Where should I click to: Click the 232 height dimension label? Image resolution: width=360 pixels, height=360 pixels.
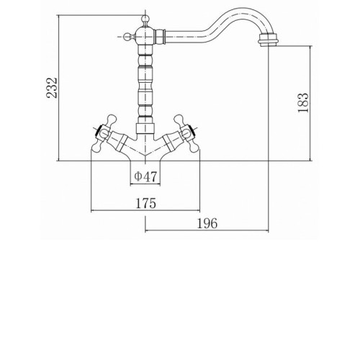[x=52, y=88]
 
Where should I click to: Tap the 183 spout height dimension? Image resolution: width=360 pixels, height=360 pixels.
[x=302, y=103]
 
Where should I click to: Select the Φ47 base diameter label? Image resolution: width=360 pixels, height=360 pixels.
[x=145, y=176]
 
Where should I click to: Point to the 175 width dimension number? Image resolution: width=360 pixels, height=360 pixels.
[x=145, y=203]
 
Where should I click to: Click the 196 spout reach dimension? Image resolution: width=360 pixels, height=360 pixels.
[x=207, y=223]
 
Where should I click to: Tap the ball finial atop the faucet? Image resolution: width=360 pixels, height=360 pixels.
[x=145, y=19]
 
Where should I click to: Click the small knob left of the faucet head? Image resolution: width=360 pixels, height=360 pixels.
[x=126, y=37]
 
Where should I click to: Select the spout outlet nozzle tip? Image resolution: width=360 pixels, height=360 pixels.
[x=268, y=40]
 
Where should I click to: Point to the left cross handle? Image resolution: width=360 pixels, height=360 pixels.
[x=102, y=133]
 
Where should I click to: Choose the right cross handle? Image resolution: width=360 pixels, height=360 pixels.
[x=187, y=133]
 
